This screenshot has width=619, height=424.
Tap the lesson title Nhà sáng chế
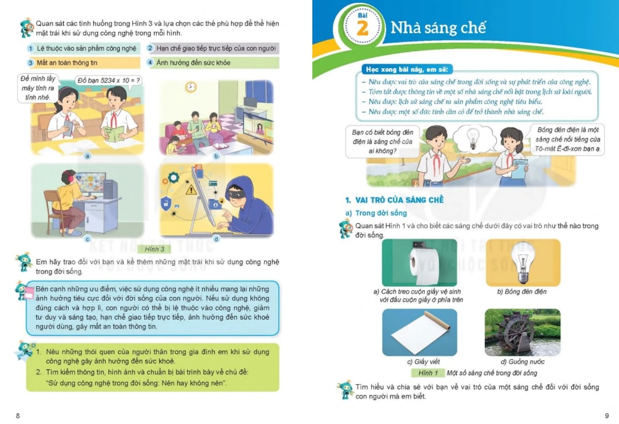point(438,28)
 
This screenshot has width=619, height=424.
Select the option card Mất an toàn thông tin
point(83,62)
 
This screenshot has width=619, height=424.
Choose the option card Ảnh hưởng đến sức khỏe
point(213,62)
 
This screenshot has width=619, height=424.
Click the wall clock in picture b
point(191,86)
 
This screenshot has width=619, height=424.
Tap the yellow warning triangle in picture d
point(191,190)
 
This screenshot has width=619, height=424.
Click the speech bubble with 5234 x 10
point(108,81)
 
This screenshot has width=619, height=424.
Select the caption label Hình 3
point(154,249)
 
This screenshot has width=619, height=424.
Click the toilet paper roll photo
point(419,263)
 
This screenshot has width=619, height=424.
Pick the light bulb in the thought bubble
point(472,139)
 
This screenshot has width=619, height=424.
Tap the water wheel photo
point(522,333)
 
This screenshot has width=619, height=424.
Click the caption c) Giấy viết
point(423,362)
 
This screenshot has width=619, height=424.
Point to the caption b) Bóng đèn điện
point(522,292)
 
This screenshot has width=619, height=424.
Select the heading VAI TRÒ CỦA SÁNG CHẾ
point(399,200)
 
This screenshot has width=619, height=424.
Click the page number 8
point(18,415)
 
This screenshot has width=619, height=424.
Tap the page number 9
point(607,415)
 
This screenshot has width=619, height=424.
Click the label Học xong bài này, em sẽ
point(407,69)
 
